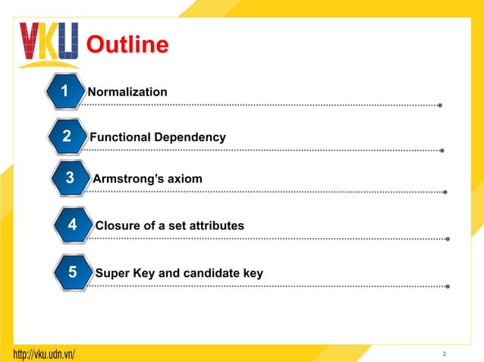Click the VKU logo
tap(49, 45)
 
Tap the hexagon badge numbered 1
tap(64, 92)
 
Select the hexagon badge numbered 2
tap(67, 137)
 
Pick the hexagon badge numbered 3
tap(70, 179)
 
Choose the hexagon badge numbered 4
tap(72, 225)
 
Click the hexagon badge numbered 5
tap(73, 272)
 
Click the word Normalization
tap(127, 92)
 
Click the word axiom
tap(184, 179)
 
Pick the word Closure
tap(118, 226)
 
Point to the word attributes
tap(217, 226)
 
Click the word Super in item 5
tap(111, 273)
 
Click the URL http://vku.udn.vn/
tap(44, 354)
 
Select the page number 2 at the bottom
tap(445, 354)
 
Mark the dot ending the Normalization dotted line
tap(440, 105)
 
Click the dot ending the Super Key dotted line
tap(448, 286)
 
